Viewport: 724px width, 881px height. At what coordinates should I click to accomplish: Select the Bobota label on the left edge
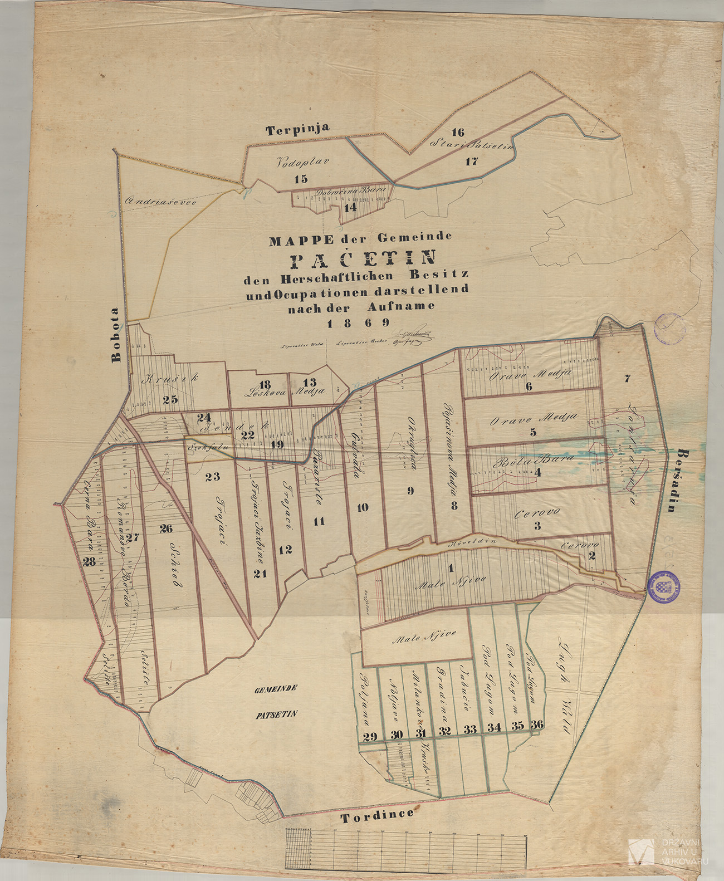116,335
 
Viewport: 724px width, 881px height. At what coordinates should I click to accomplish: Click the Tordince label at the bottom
378,816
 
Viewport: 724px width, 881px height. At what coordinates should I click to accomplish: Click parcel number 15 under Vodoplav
301,179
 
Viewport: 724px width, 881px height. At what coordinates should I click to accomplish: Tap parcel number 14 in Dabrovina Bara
350,208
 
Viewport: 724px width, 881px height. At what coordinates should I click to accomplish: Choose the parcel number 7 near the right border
627,379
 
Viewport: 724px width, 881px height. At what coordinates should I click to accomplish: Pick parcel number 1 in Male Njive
451,569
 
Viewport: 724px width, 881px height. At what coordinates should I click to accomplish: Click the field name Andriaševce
161,202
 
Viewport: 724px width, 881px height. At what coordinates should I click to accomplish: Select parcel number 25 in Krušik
170,399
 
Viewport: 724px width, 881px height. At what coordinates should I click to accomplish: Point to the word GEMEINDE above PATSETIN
276,689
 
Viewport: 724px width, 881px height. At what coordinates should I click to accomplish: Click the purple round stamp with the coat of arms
664,586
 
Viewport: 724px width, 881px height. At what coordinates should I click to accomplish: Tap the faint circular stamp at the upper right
670,329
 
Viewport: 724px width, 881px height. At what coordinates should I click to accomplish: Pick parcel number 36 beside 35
537,725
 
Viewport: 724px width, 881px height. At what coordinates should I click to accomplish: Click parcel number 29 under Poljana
370,737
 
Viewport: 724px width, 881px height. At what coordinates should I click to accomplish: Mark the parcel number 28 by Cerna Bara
89,562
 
